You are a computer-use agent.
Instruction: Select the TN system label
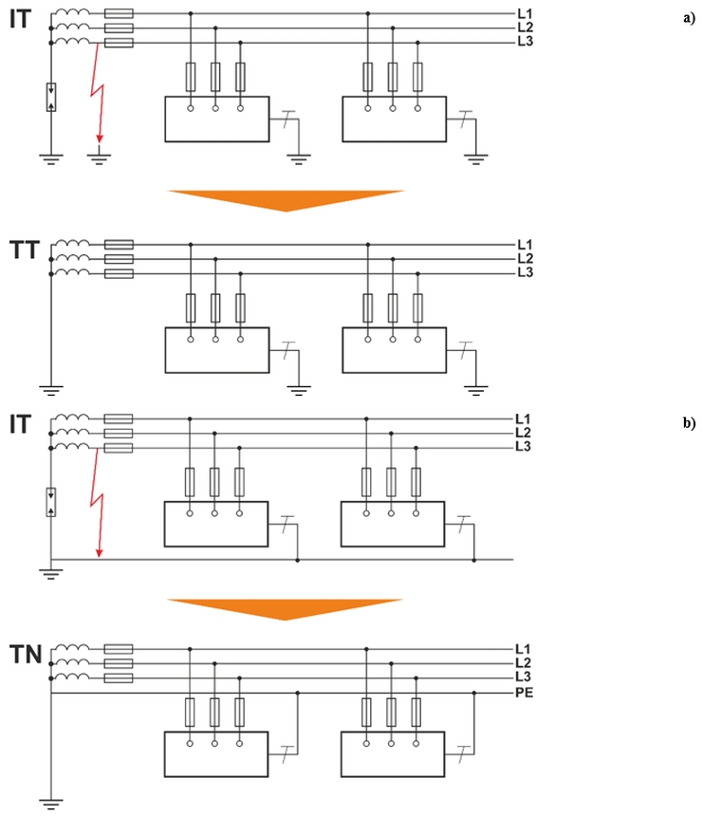25,654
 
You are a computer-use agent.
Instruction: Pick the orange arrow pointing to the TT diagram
286,199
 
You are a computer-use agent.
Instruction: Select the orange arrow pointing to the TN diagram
286,608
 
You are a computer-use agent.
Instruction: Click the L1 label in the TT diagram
524,244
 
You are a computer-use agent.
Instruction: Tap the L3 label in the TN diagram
523,677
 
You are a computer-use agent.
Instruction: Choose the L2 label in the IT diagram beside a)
524,28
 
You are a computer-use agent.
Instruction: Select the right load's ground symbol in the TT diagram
475,385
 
